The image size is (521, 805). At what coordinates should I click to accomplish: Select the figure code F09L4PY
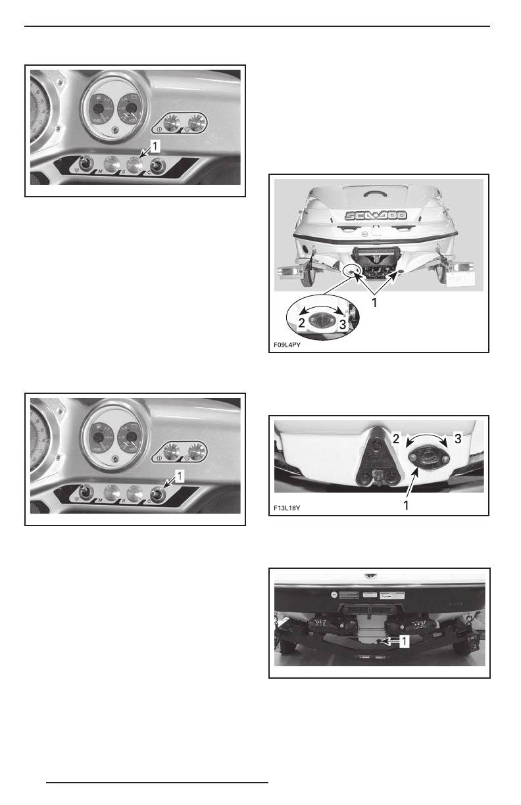coord(293,344)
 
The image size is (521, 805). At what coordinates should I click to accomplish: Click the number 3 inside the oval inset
coord(342,324)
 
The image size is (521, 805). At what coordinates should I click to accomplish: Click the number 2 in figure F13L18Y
coord(397,437)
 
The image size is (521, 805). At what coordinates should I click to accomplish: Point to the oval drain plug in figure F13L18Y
coord(428,458)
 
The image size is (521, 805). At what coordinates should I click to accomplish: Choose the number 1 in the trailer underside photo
coord(406,639)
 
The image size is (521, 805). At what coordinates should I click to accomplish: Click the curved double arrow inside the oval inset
coord(322,306)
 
